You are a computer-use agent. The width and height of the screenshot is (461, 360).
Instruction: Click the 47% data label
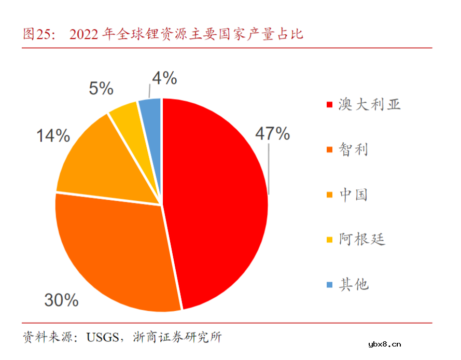[x=272, y=134]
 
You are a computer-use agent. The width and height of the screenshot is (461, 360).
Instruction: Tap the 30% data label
[x=61, y=299]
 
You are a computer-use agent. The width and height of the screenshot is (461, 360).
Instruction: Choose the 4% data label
[x=164, y=78]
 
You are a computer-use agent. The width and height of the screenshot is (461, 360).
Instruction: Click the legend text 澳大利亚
[x=370, y=105]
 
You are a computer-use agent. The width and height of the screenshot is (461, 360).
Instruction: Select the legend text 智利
[x=354, y=150]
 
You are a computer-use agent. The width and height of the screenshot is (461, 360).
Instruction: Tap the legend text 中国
[x=354, y=195]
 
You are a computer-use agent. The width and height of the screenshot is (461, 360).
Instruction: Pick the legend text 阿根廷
[x=362, y=240]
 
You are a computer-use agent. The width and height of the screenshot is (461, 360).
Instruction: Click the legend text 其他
[x=354, y=284]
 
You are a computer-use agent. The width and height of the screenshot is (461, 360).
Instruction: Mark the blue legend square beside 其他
[x=329, y=285]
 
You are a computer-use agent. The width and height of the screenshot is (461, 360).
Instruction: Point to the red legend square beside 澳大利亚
[x=329, y=105]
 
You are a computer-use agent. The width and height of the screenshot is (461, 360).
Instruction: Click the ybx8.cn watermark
[x=384, y=344]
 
